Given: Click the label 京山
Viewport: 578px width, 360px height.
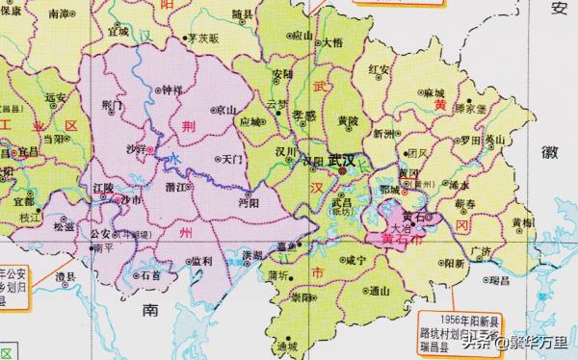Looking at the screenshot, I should point(227,109).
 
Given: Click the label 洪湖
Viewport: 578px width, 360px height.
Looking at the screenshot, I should point(252,255).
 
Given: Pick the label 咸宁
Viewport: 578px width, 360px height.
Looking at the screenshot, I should point(355,259).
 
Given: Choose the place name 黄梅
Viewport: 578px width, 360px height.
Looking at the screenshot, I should point(523,222).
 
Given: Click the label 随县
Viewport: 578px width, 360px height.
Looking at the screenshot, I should point(243,16).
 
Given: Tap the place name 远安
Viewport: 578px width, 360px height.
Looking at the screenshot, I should point(56,97).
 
